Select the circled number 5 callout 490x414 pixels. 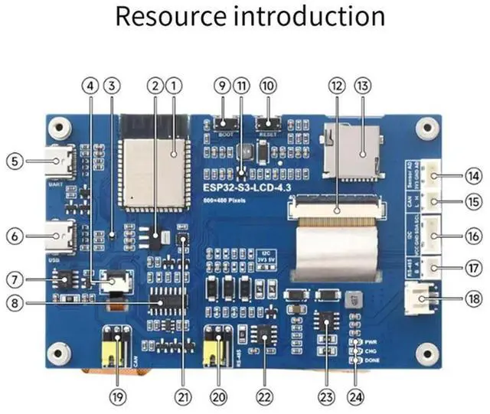coord(13,161)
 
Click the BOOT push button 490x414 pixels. coord(224,122)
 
